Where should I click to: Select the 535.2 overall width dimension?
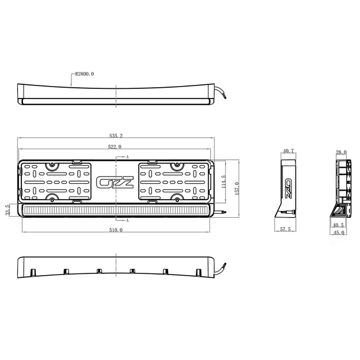coord(115,136)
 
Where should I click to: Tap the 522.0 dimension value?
coord(115,147)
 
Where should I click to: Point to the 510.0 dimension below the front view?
coord(116,230)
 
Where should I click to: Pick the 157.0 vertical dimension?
coord(237,186)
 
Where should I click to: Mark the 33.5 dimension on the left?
coord(7,210)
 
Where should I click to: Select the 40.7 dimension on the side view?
coord(289,151)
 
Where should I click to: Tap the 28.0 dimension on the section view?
coord(341,152)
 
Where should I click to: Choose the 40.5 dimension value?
coord(338,226)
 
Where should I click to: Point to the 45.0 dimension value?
coord(338,233)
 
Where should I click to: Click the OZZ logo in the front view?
coord(115,183)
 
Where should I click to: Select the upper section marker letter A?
coord(128,156)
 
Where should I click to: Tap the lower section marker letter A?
coord(128,221)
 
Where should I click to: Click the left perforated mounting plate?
coord(56,182)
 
